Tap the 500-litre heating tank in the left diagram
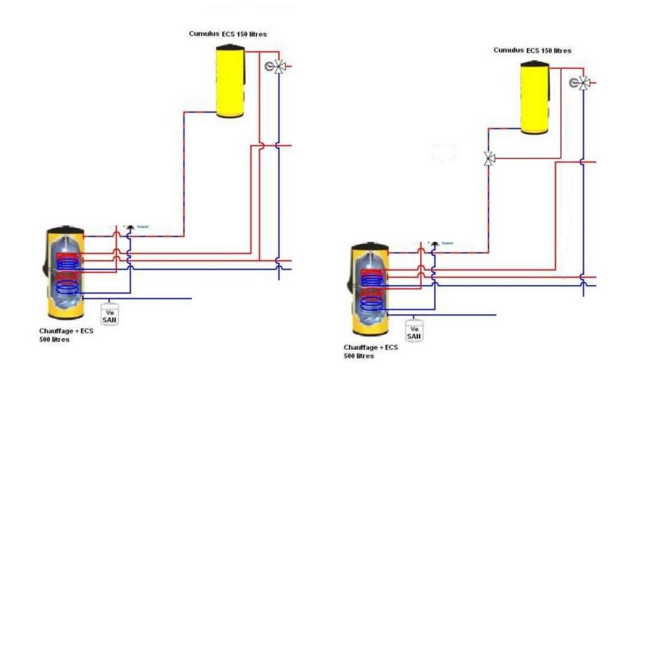pos(64,272)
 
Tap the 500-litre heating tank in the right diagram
pos(369,289)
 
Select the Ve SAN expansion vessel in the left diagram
pos(110,314)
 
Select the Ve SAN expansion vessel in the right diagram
pos(413,331)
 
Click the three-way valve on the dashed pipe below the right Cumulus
pos(490,158)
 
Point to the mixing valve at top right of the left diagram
pos(279,66)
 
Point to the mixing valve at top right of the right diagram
pos(584,83)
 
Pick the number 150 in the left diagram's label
pos(240,34)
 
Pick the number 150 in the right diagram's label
pos(545,50)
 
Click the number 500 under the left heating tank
pos(45,340)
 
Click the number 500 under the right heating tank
pos(350,356)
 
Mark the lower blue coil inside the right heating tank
pos(372,301)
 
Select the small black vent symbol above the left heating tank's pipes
pos(130,226)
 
